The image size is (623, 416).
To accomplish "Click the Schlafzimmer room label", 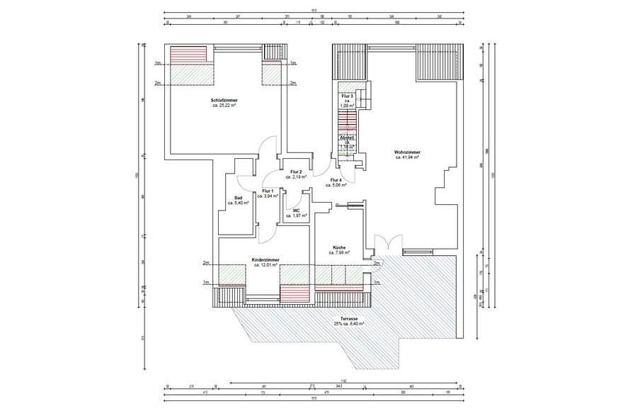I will (x=223, y=101).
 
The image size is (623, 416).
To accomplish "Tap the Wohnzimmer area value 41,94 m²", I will (x=410, y=158).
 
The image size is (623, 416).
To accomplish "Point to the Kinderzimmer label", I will (x=265, y=260).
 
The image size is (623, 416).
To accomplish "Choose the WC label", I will (x=297, y=210).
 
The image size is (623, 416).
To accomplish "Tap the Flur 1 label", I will (x=268, y=191).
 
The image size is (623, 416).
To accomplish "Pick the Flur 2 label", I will (x=296, y=172).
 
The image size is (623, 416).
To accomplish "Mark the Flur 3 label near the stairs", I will (x=347, y=96).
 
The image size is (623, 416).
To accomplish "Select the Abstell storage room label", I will (x=347, y=137).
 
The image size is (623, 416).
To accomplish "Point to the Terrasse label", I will (x=348, y=318).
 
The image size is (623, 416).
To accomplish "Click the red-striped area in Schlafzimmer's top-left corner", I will (x=188, y=54).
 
